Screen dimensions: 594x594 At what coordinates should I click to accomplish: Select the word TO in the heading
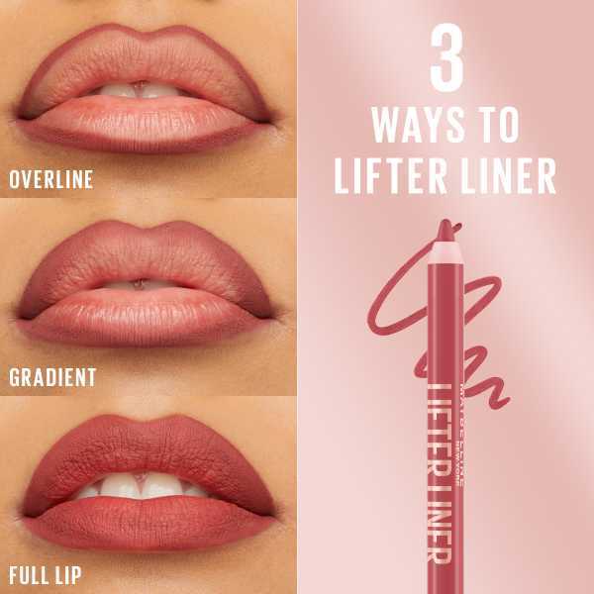(496, 126)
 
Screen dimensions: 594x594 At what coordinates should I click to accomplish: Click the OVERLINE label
(50, 179)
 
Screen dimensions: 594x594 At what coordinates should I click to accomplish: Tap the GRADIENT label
(52, 377)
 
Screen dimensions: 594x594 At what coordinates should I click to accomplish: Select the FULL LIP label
(45, 574)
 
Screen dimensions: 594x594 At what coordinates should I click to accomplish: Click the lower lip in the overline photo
(148, 124)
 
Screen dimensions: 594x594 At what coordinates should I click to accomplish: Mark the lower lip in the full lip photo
(148, 520)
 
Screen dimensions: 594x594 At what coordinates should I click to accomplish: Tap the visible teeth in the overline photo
(139, 91)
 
